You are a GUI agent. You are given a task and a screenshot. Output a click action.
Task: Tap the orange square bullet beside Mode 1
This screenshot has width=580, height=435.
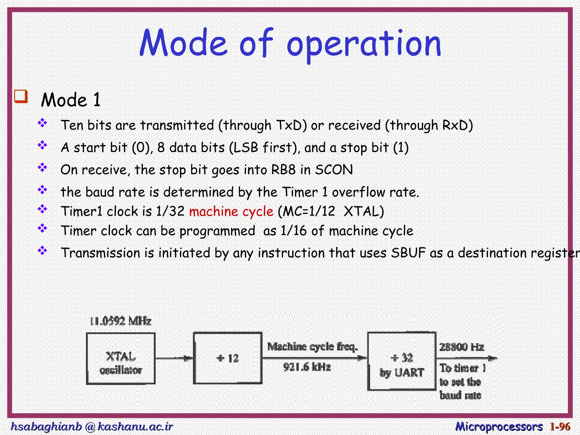point(21,97)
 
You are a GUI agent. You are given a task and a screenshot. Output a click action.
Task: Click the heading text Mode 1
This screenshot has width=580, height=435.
point(71,100)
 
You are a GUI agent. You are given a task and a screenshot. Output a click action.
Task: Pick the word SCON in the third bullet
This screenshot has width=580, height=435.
point(334,170)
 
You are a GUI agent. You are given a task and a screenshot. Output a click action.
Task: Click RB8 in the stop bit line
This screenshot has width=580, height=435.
point(283,170)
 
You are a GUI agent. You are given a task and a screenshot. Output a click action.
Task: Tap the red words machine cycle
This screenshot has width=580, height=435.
point(231,212)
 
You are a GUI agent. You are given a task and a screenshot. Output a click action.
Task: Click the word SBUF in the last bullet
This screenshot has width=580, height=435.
point(408,253)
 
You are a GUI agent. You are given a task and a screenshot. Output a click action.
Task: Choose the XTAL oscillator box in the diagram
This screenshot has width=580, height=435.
point(121,359)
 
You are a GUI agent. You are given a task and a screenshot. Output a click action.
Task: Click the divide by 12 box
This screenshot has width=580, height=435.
point(228,359)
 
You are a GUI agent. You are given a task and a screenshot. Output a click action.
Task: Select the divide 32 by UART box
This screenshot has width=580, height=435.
point(402,362)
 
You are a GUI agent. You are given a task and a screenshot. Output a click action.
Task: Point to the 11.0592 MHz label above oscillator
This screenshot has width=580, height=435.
point(121,321)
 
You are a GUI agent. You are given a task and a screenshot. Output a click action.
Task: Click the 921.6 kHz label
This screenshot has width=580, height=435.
point(307,367)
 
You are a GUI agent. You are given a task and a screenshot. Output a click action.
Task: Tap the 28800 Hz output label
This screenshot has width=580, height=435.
point(461,347)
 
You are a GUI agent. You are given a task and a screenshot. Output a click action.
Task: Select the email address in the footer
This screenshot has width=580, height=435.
point(91,427)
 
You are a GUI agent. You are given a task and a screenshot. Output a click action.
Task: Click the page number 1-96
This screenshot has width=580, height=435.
point(560,427)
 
